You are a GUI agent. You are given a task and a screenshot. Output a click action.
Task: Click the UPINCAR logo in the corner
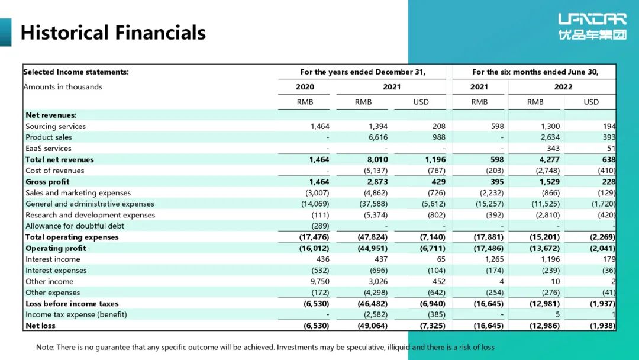592,27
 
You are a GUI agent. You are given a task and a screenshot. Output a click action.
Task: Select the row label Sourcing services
56,126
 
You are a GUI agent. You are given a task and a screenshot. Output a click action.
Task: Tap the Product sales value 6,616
377,137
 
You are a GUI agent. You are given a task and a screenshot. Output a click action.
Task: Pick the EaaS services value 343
553,149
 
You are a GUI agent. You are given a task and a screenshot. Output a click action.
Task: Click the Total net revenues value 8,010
377,160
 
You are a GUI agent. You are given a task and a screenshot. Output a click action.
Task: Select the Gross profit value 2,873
377,182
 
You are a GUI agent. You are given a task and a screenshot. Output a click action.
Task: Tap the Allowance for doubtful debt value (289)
320,226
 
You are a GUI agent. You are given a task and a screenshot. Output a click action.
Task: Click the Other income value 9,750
319,281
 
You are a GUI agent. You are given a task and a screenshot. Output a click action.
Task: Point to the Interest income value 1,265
494,259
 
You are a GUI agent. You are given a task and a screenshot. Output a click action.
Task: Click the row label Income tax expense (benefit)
76,315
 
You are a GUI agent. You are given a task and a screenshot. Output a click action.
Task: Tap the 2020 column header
305,87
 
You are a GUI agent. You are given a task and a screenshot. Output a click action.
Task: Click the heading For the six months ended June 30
535,72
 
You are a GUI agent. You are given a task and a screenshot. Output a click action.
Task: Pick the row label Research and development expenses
90,215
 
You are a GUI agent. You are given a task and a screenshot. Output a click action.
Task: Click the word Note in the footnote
45,348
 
